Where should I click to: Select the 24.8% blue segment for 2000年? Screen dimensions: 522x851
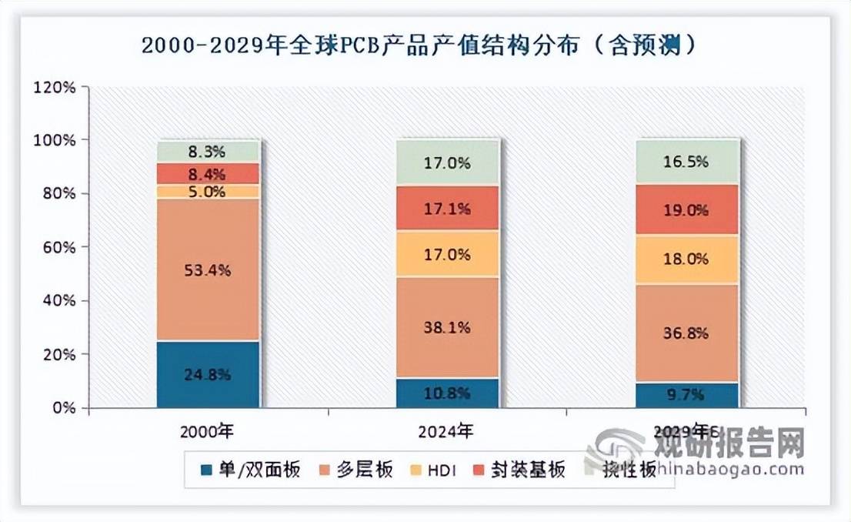point(208,374)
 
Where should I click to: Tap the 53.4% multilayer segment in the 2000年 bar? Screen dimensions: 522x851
point(208,269)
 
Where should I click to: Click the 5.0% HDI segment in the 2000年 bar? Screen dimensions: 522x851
point(208,191)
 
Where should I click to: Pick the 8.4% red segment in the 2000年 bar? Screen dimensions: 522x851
point(208,174)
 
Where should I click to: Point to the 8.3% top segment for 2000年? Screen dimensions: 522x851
point(208,152)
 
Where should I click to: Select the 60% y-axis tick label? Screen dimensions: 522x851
point(58,247)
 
